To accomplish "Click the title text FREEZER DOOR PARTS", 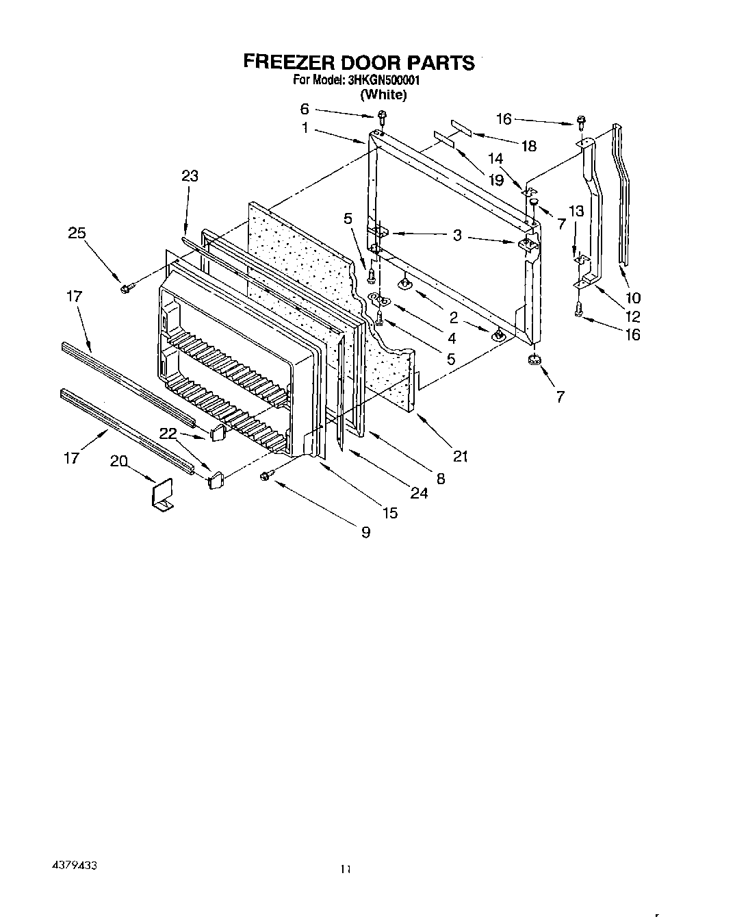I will tap(359, 62).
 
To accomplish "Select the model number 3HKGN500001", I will tap(381, 80).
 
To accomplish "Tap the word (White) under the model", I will tap(383, 95).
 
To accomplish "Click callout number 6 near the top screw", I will tap(305, 109).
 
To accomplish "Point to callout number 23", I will tap(190, 176).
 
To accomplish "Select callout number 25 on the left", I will tap(77, 233).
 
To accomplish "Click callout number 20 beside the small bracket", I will tap(118, 462).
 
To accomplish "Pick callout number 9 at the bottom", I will tap(365, 532).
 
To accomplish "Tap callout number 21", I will tap(461, 456).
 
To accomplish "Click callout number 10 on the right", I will tap(633, 298).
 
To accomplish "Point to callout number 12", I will tap(632, 316).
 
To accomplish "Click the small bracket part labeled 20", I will tap(162, 494).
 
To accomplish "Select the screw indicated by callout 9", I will tap(266, 475).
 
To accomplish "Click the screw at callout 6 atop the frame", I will tap(382, 116).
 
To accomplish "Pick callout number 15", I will tap(389, 512).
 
